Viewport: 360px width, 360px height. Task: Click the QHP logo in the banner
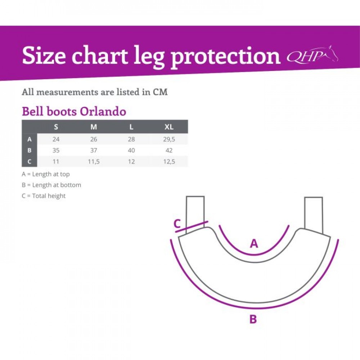[312, 55]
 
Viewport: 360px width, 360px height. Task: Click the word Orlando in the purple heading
[103, 111]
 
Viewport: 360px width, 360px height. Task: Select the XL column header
[169, 127]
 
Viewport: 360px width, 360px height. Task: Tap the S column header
[56, 127]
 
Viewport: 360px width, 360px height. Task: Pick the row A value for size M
[94, 139]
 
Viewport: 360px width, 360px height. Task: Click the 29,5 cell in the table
[169, 139]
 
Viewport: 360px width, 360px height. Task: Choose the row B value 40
[131, 150]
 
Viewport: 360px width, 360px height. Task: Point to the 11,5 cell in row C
[94, 162]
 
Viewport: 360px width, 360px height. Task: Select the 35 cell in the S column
[56, 150]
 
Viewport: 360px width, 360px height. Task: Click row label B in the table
[30, 150]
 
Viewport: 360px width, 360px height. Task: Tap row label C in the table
[30, 162]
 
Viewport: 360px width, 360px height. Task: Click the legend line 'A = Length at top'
[46, 174]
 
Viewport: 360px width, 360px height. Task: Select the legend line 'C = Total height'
[44, 196]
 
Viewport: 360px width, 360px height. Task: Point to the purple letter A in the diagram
[254, 243]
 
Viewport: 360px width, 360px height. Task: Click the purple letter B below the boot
[253, 319]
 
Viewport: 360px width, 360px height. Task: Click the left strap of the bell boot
[195, 213]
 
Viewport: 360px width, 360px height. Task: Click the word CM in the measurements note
[160, 92]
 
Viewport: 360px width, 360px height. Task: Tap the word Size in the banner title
[44, 56]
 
